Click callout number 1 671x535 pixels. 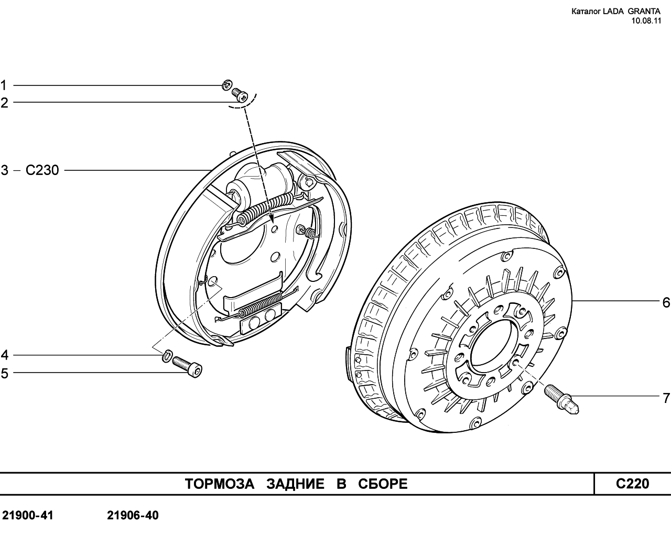[x=4, y=85]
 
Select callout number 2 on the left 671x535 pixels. [x=4, y=103]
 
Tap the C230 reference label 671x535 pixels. [x=42, y=170]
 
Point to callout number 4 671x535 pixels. [x=4, y=356]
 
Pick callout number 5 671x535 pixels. [x=4, y=374]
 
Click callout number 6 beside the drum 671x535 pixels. [x=666, y=302]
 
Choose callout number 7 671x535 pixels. [x=666, y=399]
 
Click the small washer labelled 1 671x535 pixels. [x=226, y=84]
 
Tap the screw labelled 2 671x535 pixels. [x=240, y=95]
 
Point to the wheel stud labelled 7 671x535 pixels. [x=561, y=398]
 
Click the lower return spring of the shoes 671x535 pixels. [x=261, y=305]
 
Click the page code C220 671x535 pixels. [x=632, y=484]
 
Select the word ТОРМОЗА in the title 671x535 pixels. [x=219, y=484]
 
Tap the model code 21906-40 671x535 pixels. [x=133, y=516]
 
